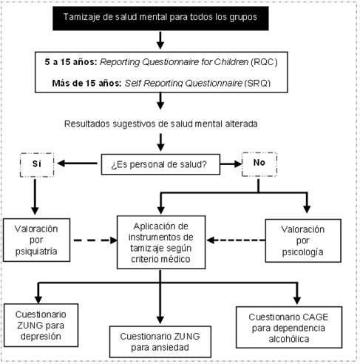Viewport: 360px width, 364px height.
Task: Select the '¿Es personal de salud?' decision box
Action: click(x=160, y=164)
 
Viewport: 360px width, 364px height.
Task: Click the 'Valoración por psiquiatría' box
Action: click(x=34, y=239)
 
